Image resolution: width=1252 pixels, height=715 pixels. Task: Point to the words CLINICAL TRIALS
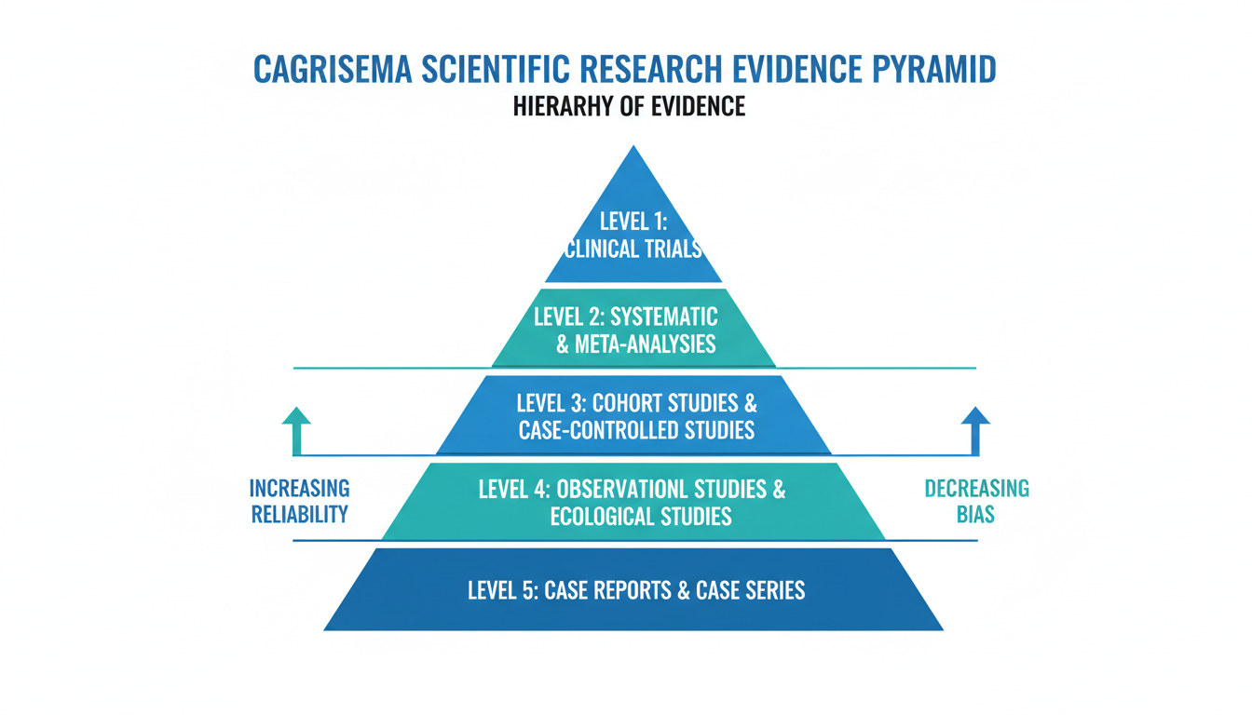[633, 250]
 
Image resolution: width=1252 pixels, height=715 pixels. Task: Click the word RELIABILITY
[299, 514]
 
